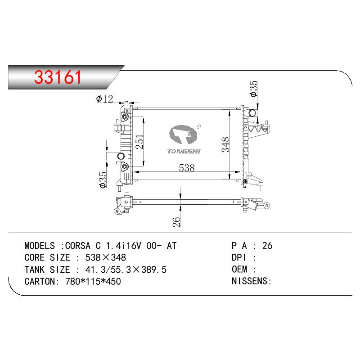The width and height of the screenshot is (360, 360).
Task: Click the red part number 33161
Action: coord(58,77)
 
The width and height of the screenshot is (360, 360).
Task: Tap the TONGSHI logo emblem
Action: coord(183,135)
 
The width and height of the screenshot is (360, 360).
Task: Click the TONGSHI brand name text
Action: coord(184,151)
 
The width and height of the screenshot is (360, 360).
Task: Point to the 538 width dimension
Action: coord(187,168)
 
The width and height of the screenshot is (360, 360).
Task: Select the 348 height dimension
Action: coord(225,144)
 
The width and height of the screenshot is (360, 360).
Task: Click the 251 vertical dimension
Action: coord(139,142)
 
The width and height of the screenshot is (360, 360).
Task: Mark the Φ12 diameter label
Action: coord(104,99)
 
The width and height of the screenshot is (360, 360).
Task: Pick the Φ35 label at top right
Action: coord(254,89)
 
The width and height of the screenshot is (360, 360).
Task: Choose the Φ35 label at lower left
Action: coord(103,180)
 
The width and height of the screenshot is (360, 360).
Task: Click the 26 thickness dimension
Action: coord(176,222)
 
